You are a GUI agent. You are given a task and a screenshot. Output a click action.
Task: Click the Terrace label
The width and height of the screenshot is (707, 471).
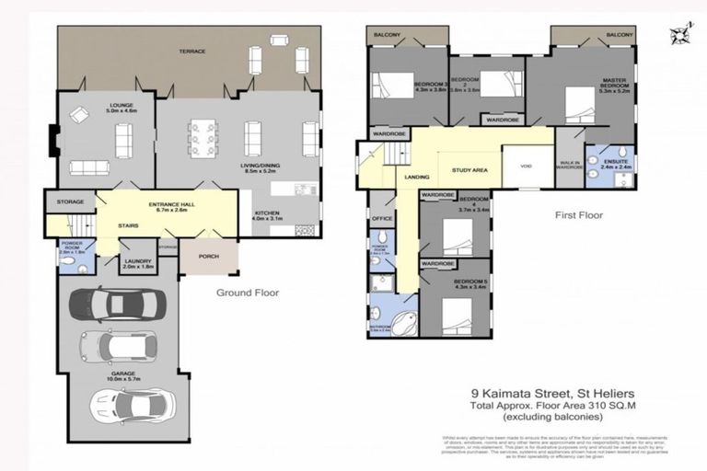pos(191,51)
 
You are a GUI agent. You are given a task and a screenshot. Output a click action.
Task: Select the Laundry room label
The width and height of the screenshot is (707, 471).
pos(136,263)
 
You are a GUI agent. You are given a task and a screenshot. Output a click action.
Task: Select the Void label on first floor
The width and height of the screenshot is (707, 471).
pos(526,167)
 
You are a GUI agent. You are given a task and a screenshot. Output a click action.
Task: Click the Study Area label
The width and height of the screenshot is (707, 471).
pos(469,170)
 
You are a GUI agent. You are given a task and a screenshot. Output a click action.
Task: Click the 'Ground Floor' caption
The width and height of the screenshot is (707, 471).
pos(248,293)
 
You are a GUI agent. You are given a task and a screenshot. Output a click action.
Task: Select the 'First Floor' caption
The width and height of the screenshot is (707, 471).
pos(579,215)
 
